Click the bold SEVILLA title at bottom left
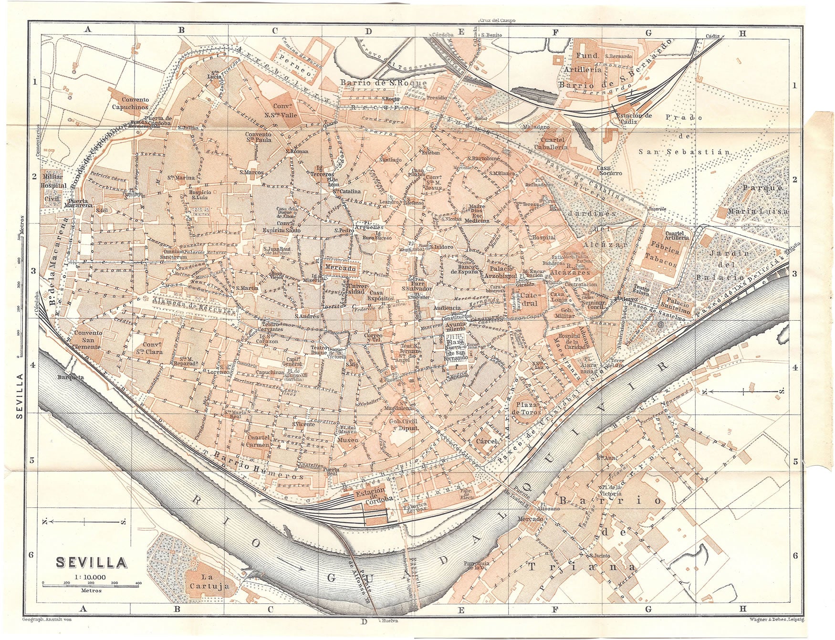click(x=92, y=563)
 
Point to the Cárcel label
click(x=487, y=441)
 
